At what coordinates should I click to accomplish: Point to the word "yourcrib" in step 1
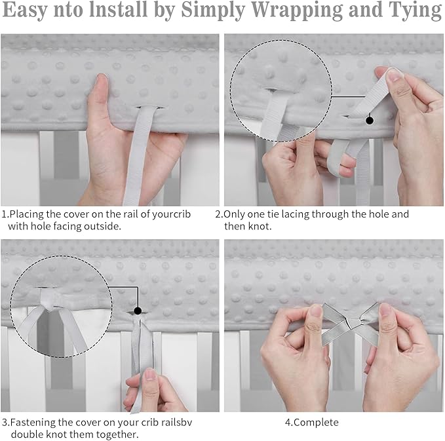(x=172, y=214)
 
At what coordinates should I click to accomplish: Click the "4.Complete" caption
(x=311, y=422)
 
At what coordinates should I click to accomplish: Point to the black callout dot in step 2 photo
(x=369, y=121)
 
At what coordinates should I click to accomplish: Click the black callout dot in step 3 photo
(x=138, y=311)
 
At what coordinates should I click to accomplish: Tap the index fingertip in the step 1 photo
(x=102, y=79)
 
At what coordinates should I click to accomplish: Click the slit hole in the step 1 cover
(x=151, y=107)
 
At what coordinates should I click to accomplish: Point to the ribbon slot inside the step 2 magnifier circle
(x=272, y=90)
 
